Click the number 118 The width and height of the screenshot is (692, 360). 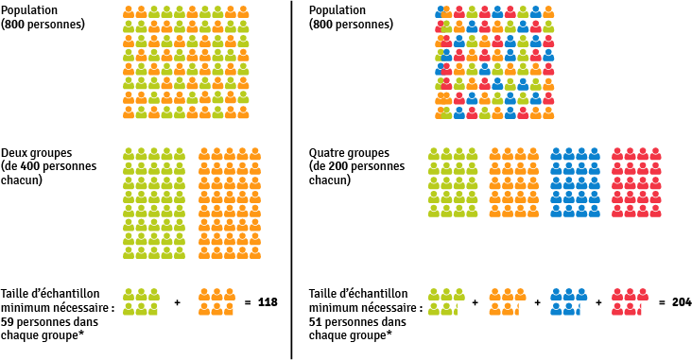(x=268, y=302)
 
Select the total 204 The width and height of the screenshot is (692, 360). (x=681, y=302)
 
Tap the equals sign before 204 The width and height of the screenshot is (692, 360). (x=661, y=302)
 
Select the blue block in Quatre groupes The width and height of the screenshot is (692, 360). (x=574, y=182)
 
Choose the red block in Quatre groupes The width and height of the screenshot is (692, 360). (x=635, y=182)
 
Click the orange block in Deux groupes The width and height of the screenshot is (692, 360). (x=223, y=203)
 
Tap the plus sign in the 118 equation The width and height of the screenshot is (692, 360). (x=178, y=302)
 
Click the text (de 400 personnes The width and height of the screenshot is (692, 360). (x=43, y=166)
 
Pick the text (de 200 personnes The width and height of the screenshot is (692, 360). (x=356, y=166)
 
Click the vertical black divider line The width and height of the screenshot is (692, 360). (x=291, y=180)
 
